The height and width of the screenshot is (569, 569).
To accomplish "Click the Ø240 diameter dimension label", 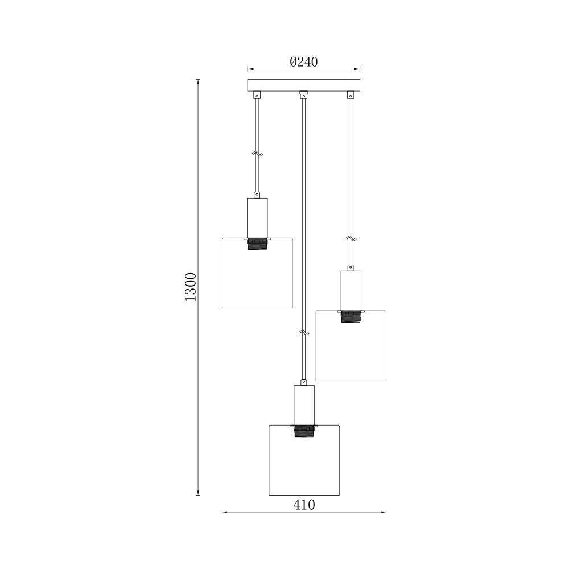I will [x=303, y=61].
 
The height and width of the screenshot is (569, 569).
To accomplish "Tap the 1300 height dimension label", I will [x=191, y=287].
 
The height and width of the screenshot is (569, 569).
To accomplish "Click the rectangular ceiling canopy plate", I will [x=303, y=85].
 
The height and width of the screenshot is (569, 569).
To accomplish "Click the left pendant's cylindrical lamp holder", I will [x=257, y=217].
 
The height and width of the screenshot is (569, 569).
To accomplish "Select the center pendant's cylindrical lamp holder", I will [x=304, y=405].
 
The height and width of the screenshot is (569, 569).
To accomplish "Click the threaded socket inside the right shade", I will [x=351, y=316].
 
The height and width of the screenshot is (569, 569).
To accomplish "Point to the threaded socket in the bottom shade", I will [x=304, y=431].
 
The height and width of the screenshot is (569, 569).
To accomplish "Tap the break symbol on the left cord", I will [x=257, y=154].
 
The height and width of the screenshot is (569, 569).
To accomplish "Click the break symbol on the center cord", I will [x=304, y=331].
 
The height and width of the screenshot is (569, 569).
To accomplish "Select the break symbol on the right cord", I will [x=351, y=239].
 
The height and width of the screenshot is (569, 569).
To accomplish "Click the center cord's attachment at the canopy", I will [x=303, y=94].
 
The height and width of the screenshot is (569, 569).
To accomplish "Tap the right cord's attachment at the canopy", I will [x=351, y=96].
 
